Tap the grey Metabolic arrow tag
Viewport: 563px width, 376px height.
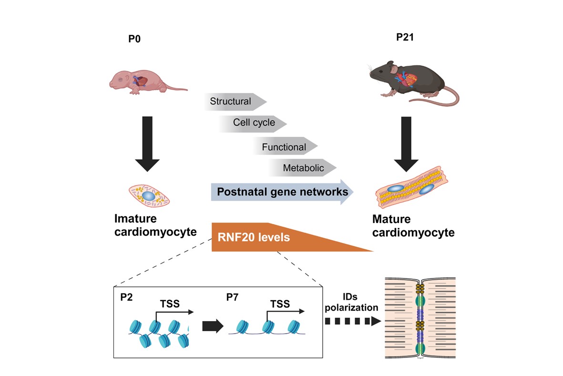pyautogui.click(x=303, y=168)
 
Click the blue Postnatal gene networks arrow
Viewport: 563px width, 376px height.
pyautogui.click(x=281, y=192)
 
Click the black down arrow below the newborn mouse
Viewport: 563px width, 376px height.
pyautogui.click(x=148, y=142)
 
